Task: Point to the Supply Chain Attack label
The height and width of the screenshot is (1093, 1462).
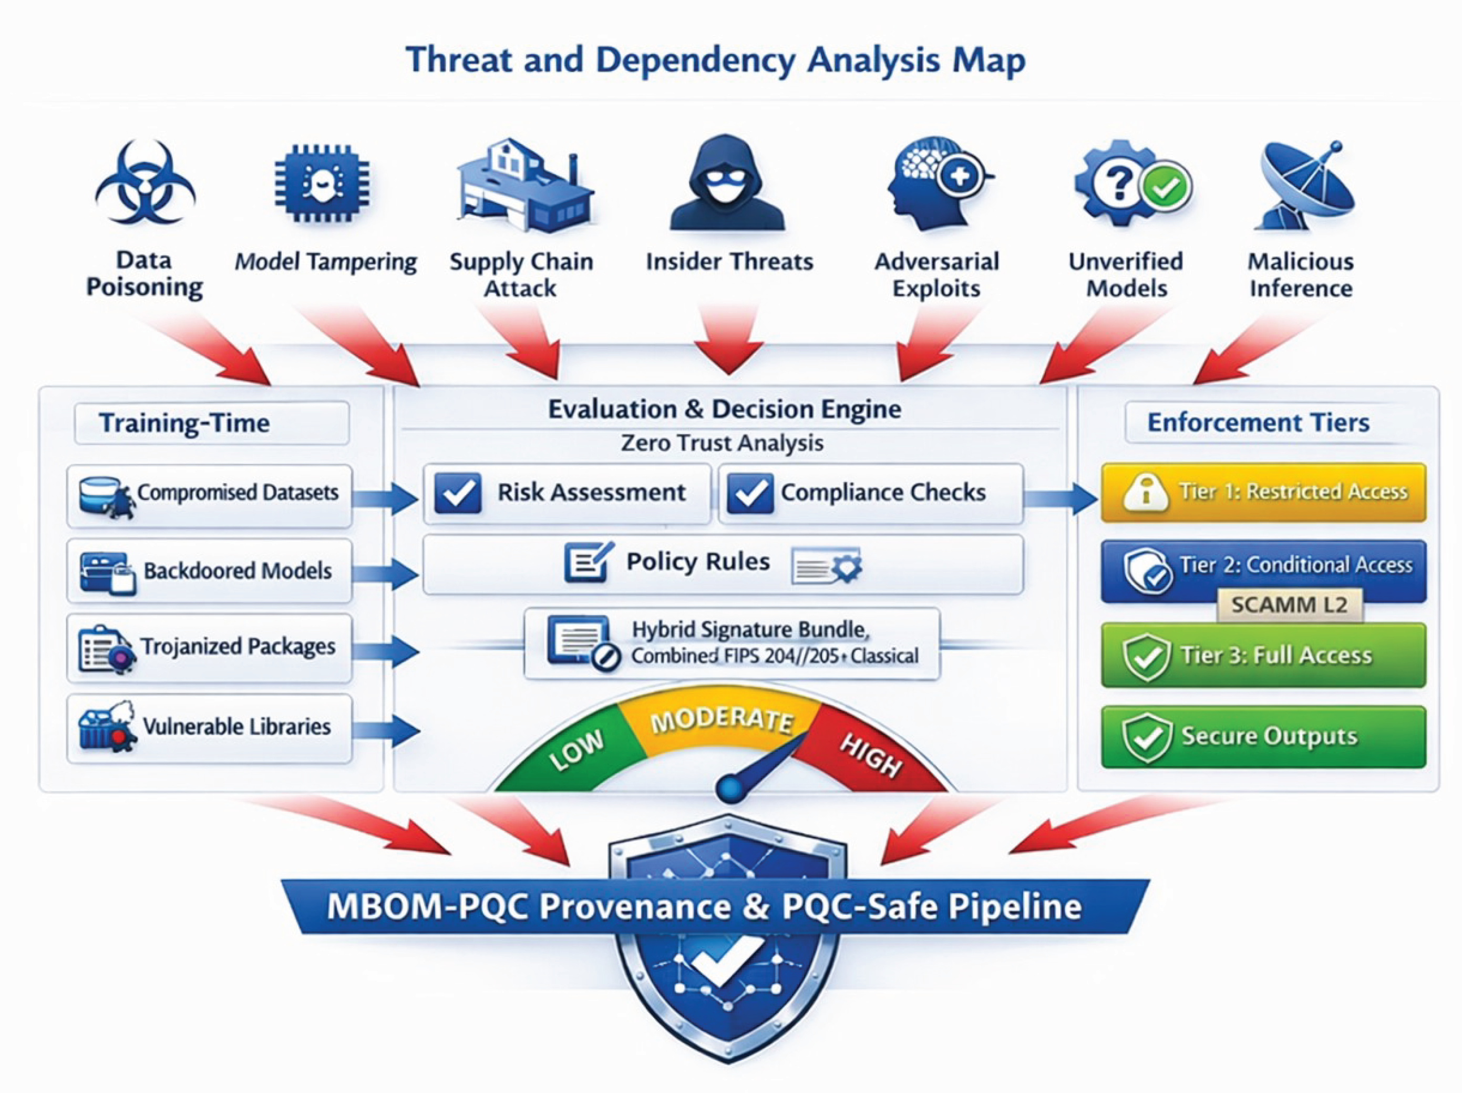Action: (521, 274)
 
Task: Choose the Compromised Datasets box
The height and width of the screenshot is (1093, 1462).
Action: (210, 496)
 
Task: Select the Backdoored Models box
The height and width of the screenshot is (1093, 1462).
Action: (210, 570)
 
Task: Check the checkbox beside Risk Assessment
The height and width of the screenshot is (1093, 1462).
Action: (457, 493)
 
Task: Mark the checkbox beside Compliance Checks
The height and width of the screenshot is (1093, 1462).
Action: (749, 493)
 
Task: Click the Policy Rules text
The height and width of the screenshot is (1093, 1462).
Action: (698, 561)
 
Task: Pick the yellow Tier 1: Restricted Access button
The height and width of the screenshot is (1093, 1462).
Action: (1263, 493)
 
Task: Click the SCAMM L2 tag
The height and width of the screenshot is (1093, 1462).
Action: (1290, 605)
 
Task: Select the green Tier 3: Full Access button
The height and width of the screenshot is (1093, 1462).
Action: (1263, 655)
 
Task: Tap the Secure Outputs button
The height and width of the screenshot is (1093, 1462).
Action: (1263, 737)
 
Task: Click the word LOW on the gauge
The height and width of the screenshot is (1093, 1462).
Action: (576, 751)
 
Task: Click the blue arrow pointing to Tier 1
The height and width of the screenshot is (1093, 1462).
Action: (1061, 498)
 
